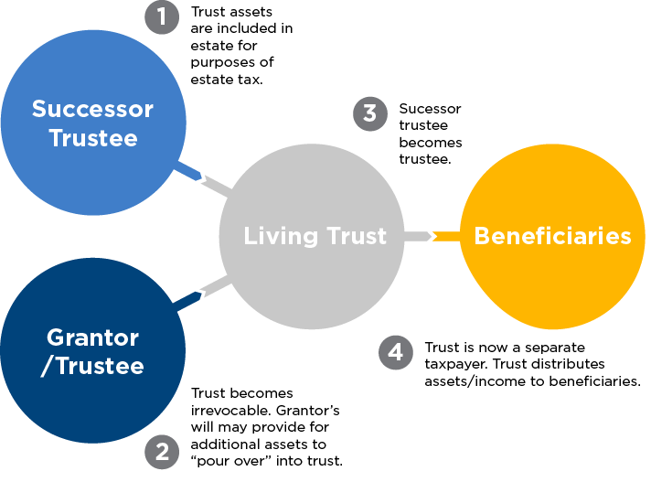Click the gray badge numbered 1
pyautogui.click(x=162, y=17)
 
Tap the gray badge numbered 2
pyautogui.click(x=162, y=451)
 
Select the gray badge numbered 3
pyautogui.click(x=368, y=113)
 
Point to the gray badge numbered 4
pyautogui.click(x=395, y=353)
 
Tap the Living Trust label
pyautogui.click(x=315, y=236)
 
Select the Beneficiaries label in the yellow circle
pyautogui.click(x=552, y=236)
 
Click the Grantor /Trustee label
pyautogui.click(x=93, y=352)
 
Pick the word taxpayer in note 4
pyautogui.click(x=454, y=364)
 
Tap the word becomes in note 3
pyautogui.click(x=431, y=143)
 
